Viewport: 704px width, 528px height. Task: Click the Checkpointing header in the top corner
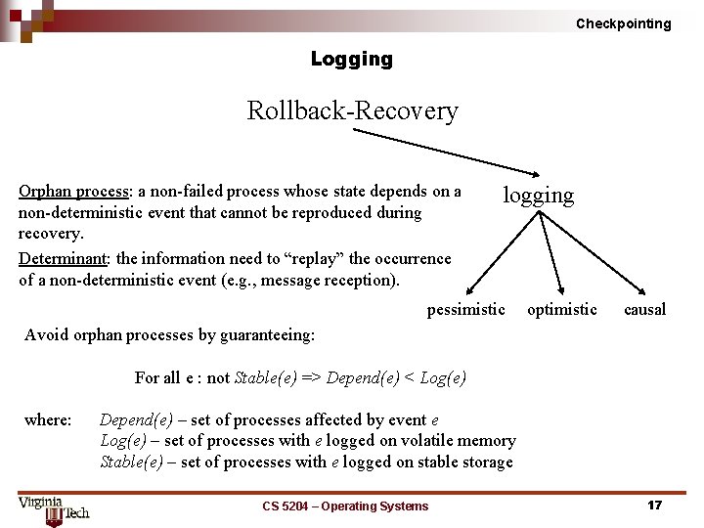click(x=623, y=23)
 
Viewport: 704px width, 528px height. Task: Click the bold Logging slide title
click(x=351, y=59)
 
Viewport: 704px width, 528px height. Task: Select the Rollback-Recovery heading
click(x=352, y=110)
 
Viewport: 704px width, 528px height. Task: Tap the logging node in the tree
click(x=538, y=195)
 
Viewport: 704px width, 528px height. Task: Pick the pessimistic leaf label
click(x=465, y=310)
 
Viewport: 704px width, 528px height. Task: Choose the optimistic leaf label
click(x=561, y=310)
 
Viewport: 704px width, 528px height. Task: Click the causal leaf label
click(x=644, y=310)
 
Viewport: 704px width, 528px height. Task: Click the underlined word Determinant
click(x=66, y=259)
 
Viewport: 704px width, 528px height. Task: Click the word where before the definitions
click(x=48, y=420)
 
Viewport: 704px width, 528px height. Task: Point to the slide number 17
click(x=654, y=506)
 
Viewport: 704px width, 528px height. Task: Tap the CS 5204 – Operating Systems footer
click(x=345, y=506)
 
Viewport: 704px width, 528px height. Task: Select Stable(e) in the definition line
click(x=131, y=462)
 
